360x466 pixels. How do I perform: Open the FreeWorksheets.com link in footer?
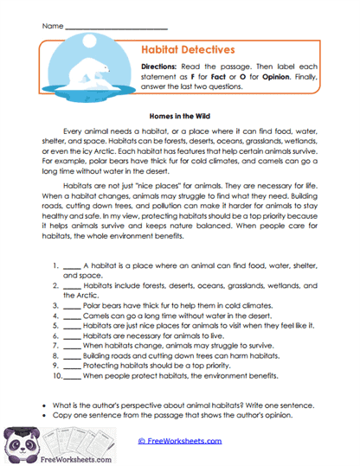pyautogui.click(x=179, y=440)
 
